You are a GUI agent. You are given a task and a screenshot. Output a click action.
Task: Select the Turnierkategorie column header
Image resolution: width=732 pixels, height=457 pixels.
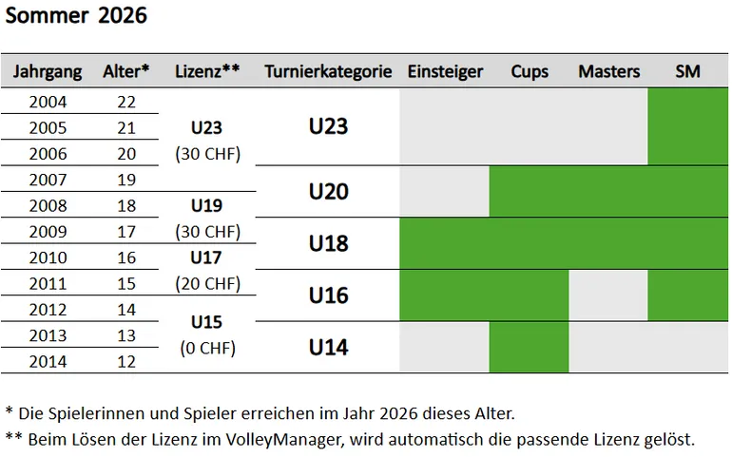pos(328,71)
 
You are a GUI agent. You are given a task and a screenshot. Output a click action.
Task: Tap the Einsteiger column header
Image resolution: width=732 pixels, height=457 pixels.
pos(445,71)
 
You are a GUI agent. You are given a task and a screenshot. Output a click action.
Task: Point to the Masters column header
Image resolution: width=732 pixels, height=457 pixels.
pos(608,71)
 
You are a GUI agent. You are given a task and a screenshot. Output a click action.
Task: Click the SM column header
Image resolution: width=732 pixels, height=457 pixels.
pos(687,71)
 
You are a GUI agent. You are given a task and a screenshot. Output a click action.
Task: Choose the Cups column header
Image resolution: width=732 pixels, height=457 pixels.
pos(529,71)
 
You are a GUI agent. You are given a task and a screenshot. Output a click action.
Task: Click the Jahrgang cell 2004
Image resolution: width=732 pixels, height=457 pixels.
pos(48,102)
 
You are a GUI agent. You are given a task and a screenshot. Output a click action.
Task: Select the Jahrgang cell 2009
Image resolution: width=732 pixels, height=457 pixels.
pos(48,231)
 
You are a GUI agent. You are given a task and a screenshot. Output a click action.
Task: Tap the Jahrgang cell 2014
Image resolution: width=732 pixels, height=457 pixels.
pos(48,361)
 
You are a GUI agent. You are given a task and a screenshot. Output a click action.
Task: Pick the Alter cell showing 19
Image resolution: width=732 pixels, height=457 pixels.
pos(126,179)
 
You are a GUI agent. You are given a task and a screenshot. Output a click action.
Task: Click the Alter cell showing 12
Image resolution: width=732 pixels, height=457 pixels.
pos(126,361)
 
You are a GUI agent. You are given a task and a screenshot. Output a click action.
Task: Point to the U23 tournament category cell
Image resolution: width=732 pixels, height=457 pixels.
pos(328,126)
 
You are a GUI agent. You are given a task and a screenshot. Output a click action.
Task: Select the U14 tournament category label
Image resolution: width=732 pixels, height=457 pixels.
pos(328,347)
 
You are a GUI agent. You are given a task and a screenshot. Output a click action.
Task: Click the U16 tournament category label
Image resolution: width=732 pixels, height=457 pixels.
pos(328,295)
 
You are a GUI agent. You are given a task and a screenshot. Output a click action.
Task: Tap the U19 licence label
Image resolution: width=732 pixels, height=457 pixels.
pos(207,204)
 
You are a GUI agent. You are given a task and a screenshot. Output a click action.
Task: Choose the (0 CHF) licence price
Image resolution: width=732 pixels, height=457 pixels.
pos(207,348)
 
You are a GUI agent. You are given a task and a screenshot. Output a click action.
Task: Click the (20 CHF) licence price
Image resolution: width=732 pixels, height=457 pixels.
pos(207,283)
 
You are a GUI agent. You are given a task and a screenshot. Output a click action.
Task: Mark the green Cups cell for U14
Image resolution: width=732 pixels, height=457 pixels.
pos(529,347)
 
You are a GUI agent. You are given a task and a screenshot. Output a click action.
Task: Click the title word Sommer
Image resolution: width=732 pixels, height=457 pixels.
pos(46,16)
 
